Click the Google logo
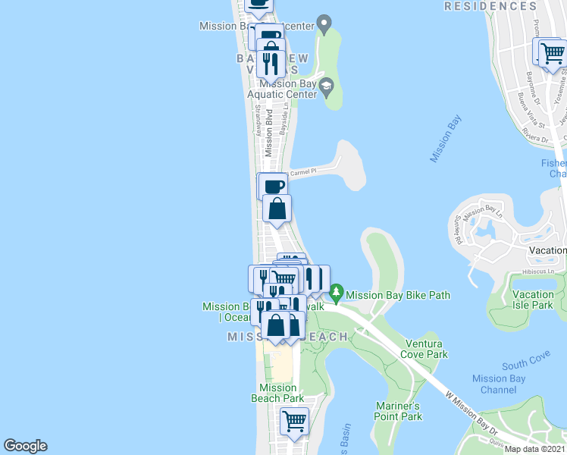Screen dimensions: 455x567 [25, 446]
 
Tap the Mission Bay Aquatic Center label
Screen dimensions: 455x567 [286, 89]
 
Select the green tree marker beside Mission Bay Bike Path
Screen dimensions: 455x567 [335, 292]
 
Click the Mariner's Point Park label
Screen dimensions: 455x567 [399, 411]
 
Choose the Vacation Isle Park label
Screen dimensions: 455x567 [533, 300]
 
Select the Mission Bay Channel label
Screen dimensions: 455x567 [498, 384]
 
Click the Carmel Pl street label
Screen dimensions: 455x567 [301, 172]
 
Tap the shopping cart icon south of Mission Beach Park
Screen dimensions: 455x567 [294, 420]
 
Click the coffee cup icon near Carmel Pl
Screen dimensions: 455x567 [274, 185]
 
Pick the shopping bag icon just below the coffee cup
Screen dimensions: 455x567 [277, 208]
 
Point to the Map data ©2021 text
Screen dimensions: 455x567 [534, 449]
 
